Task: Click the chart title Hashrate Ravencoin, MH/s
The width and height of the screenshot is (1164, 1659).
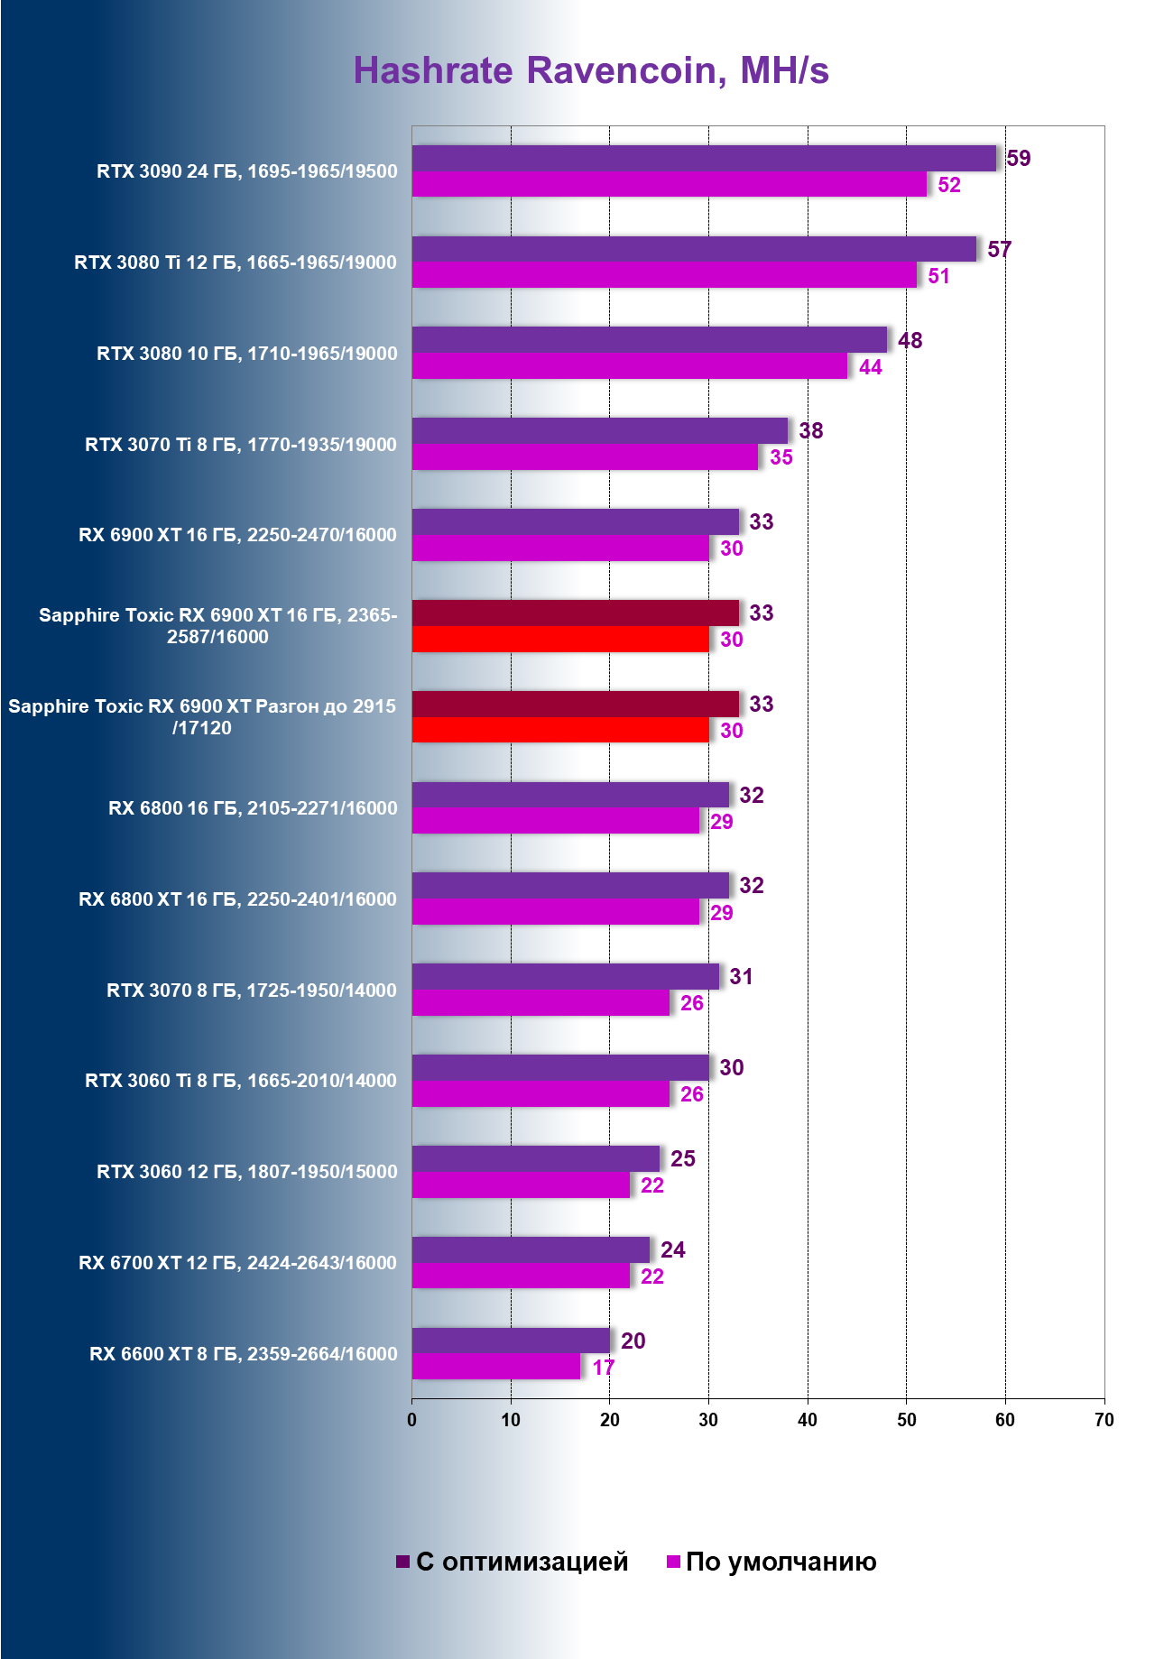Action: click(591, 70)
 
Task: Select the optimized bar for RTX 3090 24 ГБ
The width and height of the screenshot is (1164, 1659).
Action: click(704, 158)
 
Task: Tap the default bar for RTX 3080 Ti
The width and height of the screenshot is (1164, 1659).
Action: click(664, 275)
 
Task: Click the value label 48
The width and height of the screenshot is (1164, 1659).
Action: click(910, 340)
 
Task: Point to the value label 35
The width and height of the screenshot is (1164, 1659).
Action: click(781, 457)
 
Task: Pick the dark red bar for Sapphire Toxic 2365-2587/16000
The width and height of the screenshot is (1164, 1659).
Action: click(576, 613)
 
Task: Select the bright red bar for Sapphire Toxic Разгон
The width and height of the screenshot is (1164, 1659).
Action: click(560, 730)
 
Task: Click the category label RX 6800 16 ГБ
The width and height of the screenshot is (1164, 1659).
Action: click(253, 808)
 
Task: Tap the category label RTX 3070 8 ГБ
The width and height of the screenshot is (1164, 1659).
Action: click(252, 991)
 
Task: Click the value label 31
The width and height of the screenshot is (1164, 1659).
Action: click(741, 977)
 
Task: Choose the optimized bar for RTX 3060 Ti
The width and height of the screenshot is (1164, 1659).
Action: click(560, 1067)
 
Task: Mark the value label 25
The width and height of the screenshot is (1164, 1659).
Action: click(683, 1158)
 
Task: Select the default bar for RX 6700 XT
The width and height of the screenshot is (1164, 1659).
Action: click(521, 1276)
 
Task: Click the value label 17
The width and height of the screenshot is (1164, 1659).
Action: click(604, 1368)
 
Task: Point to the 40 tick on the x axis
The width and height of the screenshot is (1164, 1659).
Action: click(807, 1420)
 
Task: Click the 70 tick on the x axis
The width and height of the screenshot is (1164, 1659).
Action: click(1104, 1420)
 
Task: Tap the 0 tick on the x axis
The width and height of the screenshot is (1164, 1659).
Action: click(412, 1420)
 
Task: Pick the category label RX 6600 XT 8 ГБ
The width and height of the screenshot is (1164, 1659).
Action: click(244, 1354)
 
